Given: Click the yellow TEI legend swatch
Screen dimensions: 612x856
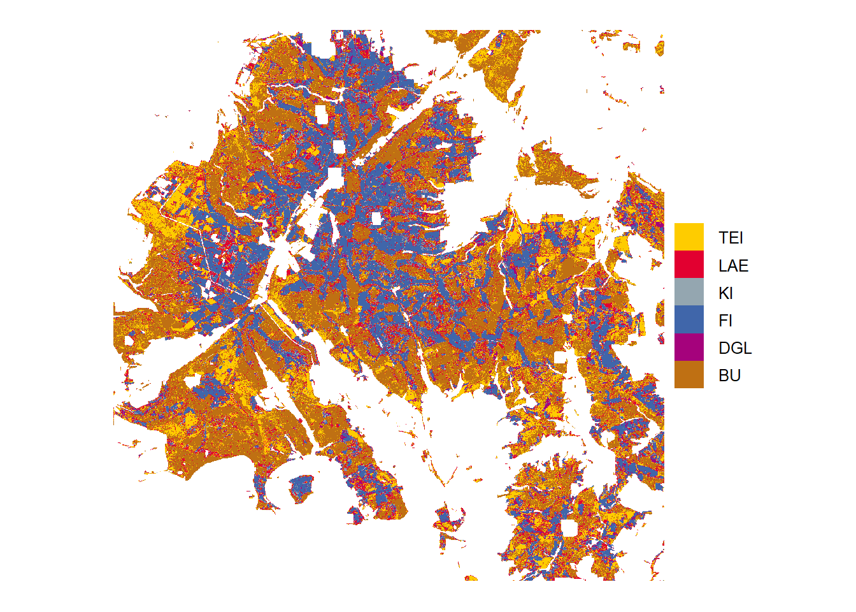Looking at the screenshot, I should [x=688, y=237].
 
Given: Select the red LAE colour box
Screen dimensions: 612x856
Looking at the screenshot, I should [x=688, y=264].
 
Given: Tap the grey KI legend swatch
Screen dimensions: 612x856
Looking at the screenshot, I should [x=688, y=292].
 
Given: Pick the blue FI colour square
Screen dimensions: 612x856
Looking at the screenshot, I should [x=688, y=319].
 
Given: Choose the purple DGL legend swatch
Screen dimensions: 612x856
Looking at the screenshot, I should [x=688, y=347].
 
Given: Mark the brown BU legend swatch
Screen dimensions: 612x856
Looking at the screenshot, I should [x=688, y=374].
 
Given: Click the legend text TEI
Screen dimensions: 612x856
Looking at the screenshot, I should [x=731, y=238].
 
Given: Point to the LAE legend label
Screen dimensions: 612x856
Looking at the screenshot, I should [x=733, y=266].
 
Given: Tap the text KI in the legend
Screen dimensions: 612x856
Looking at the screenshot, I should [x=725, y=293].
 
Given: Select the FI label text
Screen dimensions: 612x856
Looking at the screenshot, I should [x=725, y=321].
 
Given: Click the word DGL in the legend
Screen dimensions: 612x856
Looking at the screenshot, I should [x=735, y=348].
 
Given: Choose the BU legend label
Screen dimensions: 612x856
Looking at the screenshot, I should [x=729, y=375].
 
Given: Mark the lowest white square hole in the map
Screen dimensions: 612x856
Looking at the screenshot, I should [x=569, y=528].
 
